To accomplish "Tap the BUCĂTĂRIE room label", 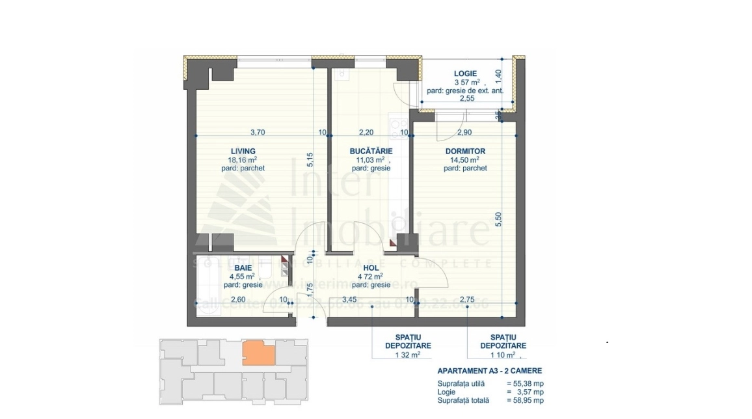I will [370, 151].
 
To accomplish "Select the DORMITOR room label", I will [464, 151].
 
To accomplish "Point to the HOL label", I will [370, 267].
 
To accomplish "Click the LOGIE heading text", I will [465, 74].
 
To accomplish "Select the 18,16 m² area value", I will [243, 159].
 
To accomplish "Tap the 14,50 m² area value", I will [464, 159].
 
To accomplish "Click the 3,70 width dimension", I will [256, 132].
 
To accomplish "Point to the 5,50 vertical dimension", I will [499, 221].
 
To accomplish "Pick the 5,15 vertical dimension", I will [310, 160].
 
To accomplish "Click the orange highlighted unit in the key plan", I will [258, 353].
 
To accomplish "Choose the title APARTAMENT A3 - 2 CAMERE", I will [489, 371].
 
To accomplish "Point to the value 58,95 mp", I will [528, 401].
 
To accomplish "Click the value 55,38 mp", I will [528, 384].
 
